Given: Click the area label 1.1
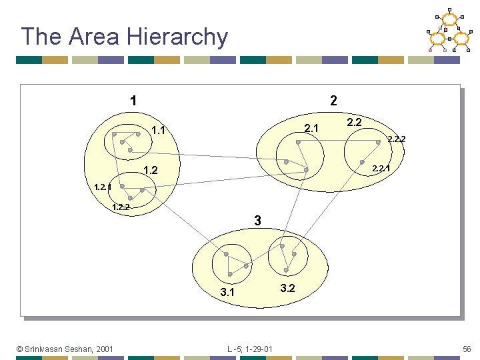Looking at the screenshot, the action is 159,130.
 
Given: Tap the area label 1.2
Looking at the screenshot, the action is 151,171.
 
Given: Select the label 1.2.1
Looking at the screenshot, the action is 103,187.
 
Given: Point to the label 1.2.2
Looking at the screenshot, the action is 121,207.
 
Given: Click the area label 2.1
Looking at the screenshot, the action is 311,128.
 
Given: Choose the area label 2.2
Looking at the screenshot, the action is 354,122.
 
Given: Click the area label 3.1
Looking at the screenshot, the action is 227,292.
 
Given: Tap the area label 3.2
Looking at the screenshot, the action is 287,288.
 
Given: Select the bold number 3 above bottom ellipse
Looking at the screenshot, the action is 257,221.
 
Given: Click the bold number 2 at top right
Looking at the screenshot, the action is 333,101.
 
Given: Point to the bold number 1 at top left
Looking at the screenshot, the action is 134,101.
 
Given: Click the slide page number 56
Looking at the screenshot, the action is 467,349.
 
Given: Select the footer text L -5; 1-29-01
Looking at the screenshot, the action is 250,349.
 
